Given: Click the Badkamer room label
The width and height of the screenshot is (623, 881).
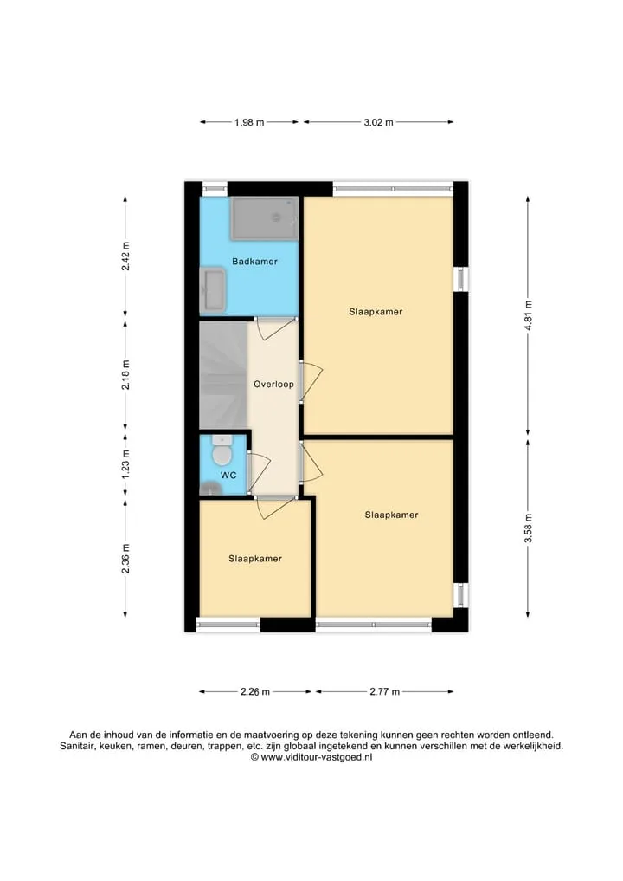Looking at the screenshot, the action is [254, 262].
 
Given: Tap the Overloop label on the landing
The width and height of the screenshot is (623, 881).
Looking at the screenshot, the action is [273, 385].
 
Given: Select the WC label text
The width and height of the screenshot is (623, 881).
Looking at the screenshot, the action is [228, 476].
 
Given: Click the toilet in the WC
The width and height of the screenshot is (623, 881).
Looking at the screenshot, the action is [222, 451].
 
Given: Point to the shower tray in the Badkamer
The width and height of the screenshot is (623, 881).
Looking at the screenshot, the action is [264, 218].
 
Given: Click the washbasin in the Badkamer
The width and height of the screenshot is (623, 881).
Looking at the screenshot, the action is [213, 290].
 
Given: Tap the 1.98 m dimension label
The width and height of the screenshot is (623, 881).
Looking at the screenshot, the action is [249, 122].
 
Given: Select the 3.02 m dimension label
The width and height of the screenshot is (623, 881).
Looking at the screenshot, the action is [378, 122].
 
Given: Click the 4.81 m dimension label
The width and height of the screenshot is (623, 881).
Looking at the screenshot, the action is [528, 317].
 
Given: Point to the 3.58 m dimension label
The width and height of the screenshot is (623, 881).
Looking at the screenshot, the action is [528, 528].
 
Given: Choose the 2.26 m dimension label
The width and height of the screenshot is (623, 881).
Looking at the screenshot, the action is [255, 691].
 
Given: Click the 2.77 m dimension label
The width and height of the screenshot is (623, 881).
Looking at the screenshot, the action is [384, 691].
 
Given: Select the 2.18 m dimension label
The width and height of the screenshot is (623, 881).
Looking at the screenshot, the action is [125, 375].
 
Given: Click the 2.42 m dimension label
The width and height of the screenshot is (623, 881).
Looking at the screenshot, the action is [125, 256].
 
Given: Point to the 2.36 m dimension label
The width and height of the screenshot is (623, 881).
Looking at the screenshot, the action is [125, 559].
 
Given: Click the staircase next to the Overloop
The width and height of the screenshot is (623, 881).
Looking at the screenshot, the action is [223, 375].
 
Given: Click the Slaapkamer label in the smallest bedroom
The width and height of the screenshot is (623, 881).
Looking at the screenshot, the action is [254, 559].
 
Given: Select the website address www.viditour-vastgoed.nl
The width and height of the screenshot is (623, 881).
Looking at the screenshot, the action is [317, 757].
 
